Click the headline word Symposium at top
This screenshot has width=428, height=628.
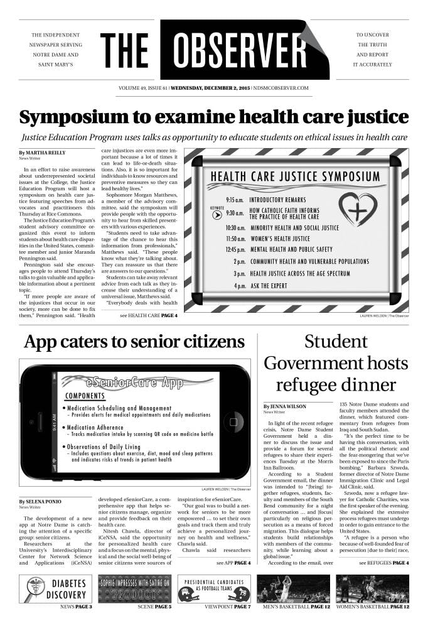[80, 117]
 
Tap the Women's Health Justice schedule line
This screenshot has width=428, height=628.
[280, 239]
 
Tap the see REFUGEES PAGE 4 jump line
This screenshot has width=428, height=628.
[383, 563]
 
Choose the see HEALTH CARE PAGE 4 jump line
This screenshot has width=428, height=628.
[148, 316]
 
